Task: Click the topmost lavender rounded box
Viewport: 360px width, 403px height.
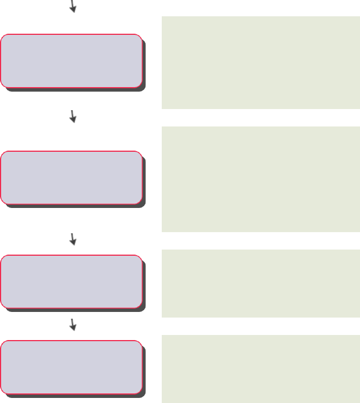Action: tap(71, 61)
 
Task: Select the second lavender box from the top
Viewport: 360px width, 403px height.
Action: tap(71, 177)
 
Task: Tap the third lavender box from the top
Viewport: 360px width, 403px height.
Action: tap(71, 281)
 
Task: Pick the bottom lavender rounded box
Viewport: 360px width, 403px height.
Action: tap(71, 366)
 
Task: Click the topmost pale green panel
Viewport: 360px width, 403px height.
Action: tap(261, 62)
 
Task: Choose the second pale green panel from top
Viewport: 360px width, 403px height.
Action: tap(261, 179)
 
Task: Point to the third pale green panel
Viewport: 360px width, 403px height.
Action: tap(261, 283)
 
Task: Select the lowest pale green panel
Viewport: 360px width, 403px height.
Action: tap(261, 369)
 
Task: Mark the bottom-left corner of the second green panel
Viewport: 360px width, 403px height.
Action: tap(163, 230)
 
